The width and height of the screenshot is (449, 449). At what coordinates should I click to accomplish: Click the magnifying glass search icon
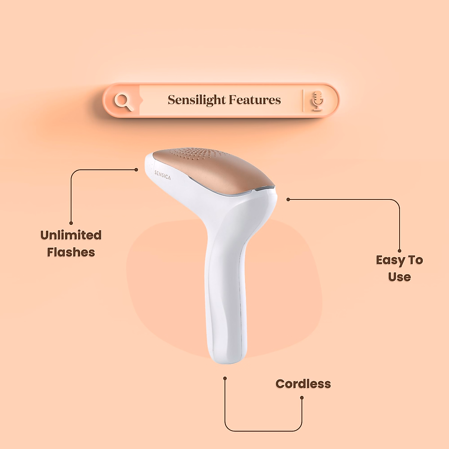[x=123, y=101]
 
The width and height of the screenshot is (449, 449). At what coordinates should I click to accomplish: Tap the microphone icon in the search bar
[x=318, y=101]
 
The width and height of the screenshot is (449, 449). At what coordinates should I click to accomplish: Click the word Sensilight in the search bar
[x=196, y=100]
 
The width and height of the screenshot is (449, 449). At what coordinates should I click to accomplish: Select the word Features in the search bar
[x=254, y=100]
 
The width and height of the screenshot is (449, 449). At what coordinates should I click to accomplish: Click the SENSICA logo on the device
[x=162, y=175]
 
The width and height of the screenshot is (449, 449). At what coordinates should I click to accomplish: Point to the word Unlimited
[x=71, y=235]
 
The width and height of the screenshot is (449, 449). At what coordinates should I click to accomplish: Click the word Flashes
[x=71, y=252]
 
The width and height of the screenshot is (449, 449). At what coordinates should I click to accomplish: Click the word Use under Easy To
[x=399, y=277]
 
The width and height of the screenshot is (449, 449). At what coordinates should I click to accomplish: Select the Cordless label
[x=303, y=384]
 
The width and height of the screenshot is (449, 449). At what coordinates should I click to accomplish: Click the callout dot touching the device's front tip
[x=136, y=169]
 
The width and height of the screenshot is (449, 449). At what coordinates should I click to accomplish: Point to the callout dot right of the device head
[x=288, y=199]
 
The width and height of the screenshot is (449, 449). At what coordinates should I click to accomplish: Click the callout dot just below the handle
[x=225, y=378]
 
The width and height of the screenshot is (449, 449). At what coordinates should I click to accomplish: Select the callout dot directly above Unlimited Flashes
[x=71, y=223]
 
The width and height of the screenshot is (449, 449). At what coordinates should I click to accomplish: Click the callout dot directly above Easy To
[x=400, y=251]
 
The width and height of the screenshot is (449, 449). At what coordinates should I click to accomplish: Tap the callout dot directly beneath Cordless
[x=302, y=397]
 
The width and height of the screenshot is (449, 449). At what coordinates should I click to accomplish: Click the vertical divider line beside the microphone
[x=303, y=100]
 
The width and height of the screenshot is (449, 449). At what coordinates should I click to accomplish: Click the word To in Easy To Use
[x=415, y=260]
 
